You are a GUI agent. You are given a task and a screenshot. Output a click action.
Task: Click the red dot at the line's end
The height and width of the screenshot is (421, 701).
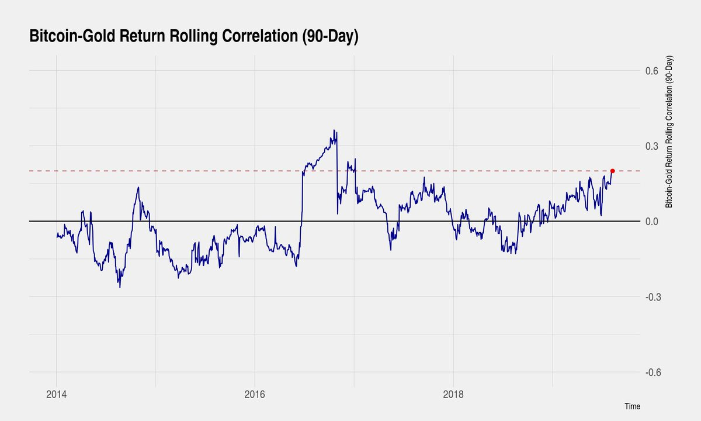tap(612, 171)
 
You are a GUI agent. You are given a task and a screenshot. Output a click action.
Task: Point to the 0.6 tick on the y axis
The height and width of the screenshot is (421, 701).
tap(651, 71)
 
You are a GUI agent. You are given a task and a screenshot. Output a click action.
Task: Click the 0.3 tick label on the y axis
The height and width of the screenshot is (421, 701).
tap(651, 146)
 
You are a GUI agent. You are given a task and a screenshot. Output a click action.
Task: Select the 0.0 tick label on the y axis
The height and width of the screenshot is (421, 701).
tap(651, 222)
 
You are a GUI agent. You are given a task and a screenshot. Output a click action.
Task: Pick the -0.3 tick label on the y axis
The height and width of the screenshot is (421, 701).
tap(650, 297)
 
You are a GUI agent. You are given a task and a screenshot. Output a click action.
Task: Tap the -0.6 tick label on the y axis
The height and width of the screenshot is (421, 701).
tap(650, 372)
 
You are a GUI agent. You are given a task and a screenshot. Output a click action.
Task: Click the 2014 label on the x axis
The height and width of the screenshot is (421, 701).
tap(56, 393)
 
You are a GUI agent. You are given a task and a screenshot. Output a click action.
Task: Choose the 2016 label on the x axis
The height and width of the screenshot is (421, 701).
tap(255, 393)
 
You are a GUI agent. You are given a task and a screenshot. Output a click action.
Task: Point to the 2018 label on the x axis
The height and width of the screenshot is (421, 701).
tap(453, 393)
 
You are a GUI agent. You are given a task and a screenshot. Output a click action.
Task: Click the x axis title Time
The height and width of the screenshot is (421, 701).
tap(632, 406)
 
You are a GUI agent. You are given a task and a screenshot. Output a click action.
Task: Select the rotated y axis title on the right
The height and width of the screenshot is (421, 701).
tap(669, 132)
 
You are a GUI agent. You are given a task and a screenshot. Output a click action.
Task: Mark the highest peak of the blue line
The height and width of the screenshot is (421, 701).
tap(334, 130)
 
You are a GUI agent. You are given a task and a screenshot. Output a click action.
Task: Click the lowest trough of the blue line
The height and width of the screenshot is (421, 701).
tap(120, 287)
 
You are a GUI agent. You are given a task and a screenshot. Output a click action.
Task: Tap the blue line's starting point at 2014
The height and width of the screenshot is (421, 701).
tap(57, 236)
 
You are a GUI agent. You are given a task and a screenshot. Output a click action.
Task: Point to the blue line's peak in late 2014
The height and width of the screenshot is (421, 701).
tap(138, 188)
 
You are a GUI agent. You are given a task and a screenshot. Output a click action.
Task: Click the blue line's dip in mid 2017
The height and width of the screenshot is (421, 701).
tap(391, 250)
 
